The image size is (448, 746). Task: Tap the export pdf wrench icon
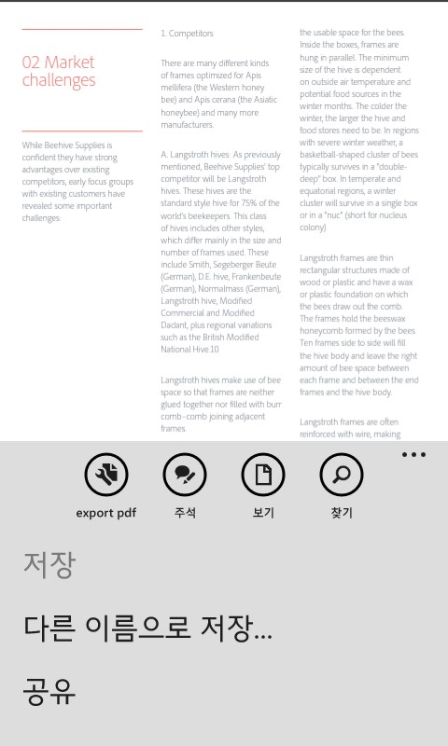coord(106,476)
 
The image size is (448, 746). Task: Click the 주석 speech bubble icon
coord(185,476)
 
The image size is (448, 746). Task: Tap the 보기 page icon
coord(263,476)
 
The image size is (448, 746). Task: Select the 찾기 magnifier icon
coord(342,476)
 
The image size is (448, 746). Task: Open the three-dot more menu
coord(413,455)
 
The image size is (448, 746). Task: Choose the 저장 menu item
coord(49,565)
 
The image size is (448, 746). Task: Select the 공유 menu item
coord(49,690)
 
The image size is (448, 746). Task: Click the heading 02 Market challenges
coord(59,71)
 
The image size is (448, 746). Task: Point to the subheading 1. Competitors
coord(187,34)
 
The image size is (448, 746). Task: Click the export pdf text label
coord(106,513)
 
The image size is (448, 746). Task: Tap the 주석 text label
coord(185,513)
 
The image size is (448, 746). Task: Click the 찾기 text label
coord(342,513)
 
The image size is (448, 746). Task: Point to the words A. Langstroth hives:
coord(195,154)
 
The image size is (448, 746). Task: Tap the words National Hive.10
coord(190,349)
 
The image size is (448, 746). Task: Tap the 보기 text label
coord(263,513)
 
